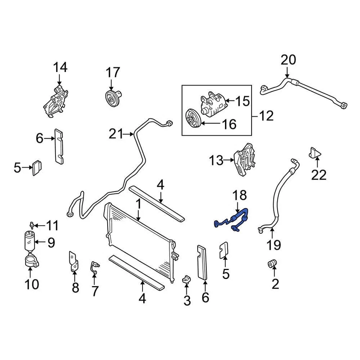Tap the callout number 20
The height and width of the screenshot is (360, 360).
coord(288,60)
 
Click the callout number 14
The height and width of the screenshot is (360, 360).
coord(60,68)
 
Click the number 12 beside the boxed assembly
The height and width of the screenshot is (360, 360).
coord(267,116)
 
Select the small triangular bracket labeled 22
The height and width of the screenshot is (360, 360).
coord(315,153)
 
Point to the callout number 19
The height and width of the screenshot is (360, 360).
coord(274,245)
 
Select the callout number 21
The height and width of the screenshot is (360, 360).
coord(116,133)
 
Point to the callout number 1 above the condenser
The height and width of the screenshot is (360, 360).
coord(138,205)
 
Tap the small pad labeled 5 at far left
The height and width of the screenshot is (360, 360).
coord(36,168)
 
